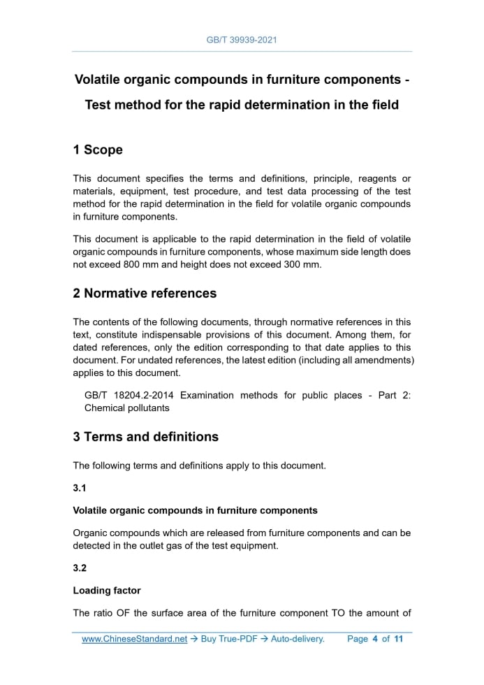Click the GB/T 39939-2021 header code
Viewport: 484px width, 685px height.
point(242,40)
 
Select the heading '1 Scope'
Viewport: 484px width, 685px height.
point(98,150)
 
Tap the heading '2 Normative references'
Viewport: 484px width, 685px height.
point(145,293)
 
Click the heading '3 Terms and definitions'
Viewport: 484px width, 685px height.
point(145,437)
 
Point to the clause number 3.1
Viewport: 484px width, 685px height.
point(80,489)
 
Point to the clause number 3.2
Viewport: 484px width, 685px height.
point(80,568)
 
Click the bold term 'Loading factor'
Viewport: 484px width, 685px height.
point(107,591)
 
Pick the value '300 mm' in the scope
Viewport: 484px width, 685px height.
point(302,265)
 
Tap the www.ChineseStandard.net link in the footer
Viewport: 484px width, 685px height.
point(135,639)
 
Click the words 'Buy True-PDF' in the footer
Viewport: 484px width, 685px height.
point(230,639)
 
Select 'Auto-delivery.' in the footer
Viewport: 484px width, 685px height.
point(298,639)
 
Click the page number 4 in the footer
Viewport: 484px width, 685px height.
point(375,639)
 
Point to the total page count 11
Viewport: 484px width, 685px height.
point(399,639)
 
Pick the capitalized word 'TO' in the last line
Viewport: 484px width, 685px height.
point(339,614)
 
